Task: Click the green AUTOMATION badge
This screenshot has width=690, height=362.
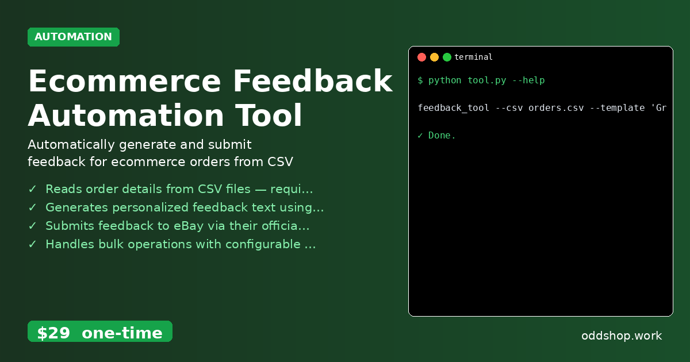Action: coord(74,37)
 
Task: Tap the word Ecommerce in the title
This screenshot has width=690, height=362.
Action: coord(124,81)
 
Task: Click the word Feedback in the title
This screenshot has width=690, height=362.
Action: coord(313,81)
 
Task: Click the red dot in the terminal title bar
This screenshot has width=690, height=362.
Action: coord(421,57)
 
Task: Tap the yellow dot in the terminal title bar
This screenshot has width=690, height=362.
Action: coord(434,57)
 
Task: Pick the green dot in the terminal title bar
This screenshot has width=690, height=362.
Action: coord(447,57)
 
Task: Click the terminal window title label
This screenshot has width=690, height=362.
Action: coord(473,57)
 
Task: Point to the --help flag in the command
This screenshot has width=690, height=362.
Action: coord(528,80)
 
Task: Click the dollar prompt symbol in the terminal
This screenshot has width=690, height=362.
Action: coord(420,80)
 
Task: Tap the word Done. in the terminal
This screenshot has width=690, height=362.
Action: coord(442,136)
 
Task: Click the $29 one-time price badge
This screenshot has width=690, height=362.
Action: coord(99,333)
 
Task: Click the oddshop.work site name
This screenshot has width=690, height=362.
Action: coord(622,336)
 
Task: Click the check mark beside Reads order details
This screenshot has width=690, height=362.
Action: coord(33,189)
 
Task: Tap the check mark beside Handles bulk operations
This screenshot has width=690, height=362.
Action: coord(33,244)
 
